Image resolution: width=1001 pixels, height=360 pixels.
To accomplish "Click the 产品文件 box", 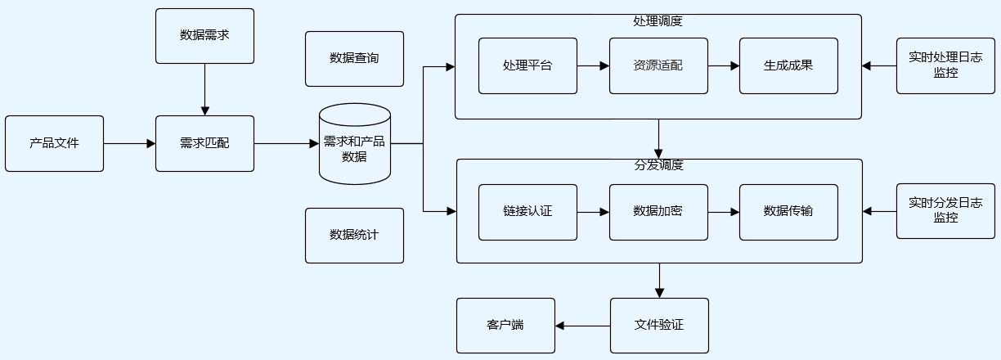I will pyautogui.click(x=54, y=143).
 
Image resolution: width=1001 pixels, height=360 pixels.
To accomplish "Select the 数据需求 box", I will pyautogui.click(x=204, y=36).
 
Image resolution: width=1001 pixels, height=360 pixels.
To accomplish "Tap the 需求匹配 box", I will pyautogui.click(x=204, y=143).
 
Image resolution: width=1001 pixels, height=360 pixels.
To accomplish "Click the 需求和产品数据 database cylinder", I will pyautogui.click(x=354, y=145).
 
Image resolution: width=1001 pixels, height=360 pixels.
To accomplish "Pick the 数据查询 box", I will pyautogui.click(x=354, y=59).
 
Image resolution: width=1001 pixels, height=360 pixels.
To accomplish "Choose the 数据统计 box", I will pyautogui.click(x=354, y=236).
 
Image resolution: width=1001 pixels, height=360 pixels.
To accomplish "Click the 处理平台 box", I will pyautogui.click(x=527, y=65).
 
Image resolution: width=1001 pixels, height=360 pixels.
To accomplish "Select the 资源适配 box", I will pyautogui.click(x=658, y=65).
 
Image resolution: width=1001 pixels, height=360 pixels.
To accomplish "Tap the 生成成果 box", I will pyautogui.click(x=788, y=65).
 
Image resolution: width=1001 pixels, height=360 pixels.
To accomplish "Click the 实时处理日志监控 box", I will pyautogui.click(x=945, y=65).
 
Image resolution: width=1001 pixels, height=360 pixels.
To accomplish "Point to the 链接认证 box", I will pyautogui.click(x=527, y=212).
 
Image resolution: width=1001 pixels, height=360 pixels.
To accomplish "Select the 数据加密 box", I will pyautogui.click(x=658, y=212).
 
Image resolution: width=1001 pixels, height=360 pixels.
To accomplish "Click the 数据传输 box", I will pyautogui.click(x=788, y=212).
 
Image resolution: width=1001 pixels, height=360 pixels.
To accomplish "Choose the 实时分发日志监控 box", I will pyautogui.click(x=945, y=211).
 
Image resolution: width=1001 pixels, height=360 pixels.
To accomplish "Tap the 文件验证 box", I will pyautogui.click(x=659, y=326).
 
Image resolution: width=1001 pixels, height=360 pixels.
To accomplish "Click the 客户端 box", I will pyautogui.click(x=505, y=326).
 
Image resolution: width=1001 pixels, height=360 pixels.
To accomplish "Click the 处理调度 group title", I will pyautogui.click(x=658, y=21).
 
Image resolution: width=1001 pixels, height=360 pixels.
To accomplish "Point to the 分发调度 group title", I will pyautogui.click(x=658, y=165).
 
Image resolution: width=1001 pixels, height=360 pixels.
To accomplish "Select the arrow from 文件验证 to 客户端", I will pyautogui.click(x=582, y=326).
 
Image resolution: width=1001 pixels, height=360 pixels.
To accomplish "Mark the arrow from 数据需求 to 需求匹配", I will pyautogui.click(x=204, y=89).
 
